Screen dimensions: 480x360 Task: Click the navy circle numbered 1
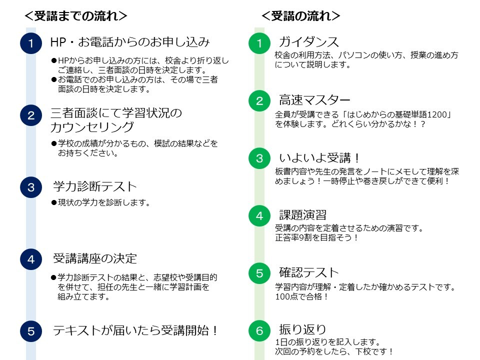(x=31, y=43)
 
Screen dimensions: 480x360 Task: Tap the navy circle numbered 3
(x=31, y=187)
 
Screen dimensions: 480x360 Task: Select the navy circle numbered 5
(x=31, y=331)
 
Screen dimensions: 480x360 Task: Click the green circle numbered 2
(x=259, y=100)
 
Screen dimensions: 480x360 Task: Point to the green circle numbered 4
(x=259, y=216)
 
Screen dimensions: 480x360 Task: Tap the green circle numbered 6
(x=259, y=330)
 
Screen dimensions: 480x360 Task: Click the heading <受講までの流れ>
(x=75, y=16)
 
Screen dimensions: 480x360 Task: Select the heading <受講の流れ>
(x=301, y=16)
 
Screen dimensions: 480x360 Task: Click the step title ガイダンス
(x=309, y=42)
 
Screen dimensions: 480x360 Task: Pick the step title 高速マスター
(x=314, y=100)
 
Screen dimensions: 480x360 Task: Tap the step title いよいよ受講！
(x=319, y=157)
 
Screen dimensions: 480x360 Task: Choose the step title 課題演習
(x=303, y=215)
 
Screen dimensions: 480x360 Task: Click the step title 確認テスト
(x=309, y=272)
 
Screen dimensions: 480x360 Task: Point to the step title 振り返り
(x=302, y=329)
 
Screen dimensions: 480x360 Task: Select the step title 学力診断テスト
(x=95, y=186)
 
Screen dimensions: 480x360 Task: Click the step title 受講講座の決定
(x=95, y=258)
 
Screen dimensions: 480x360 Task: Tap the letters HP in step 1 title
(x=58, y=42)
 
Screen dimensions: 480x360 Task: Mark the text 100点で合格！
(x=302, y=296)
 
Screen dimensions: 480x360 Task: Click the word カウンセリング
(x=92, y=127)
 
